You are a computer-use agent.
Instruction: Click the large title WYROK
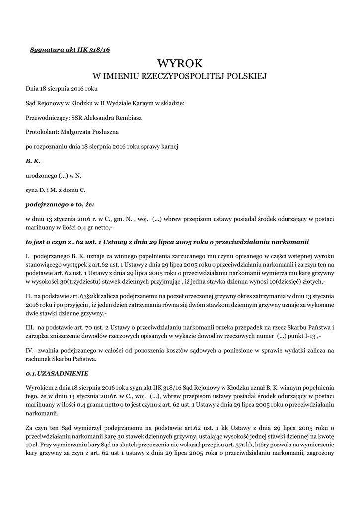[x=180, y=63]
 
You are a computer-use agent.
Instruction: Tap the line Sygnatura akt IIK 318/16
[x=70, y=50]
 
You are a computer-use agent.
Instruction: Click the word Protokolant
[x=42, y=132]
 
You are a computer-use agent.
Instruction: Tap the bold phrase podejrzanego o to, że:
[x=60, y=204]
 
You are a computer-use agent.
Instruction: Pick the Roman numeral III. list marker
[x=30, y=327]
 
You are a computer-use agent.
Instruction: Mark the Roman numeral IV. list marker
[x=30, y=350]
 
